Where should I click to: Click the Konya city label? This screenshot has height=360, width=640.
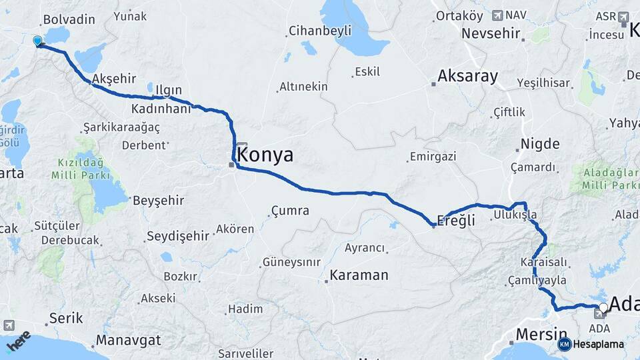pos(265,155)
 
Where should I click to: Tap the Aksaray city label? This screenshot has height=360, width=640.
pos(468,76)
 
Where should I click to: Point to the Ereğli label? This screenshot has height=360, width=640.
pos(456,221)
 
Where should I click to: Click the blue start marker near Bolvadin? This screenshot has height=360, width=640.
pos(38,41)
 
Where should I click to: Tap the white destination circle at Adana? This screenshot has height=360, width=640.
pos(603,307)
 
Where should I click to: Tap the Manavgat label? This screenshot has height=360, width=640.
pos(128,340)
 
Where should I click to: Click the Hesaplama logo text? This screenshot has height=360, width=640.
pos(598,345)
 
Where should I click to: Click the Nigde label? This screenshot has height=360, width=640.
pos(539,144)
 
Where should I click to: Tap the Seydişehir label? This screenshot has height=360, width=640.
pos(177,235)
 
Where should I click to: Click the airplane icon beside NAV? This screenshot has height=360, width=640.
pos(497,15)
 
